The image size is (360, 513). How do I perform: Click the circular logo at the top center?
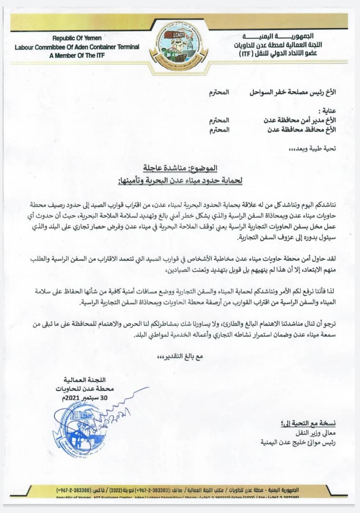(x=180, y=47)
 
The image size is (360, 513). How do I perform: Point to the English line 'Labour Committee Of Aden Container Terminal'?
(x=77, y=47)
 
